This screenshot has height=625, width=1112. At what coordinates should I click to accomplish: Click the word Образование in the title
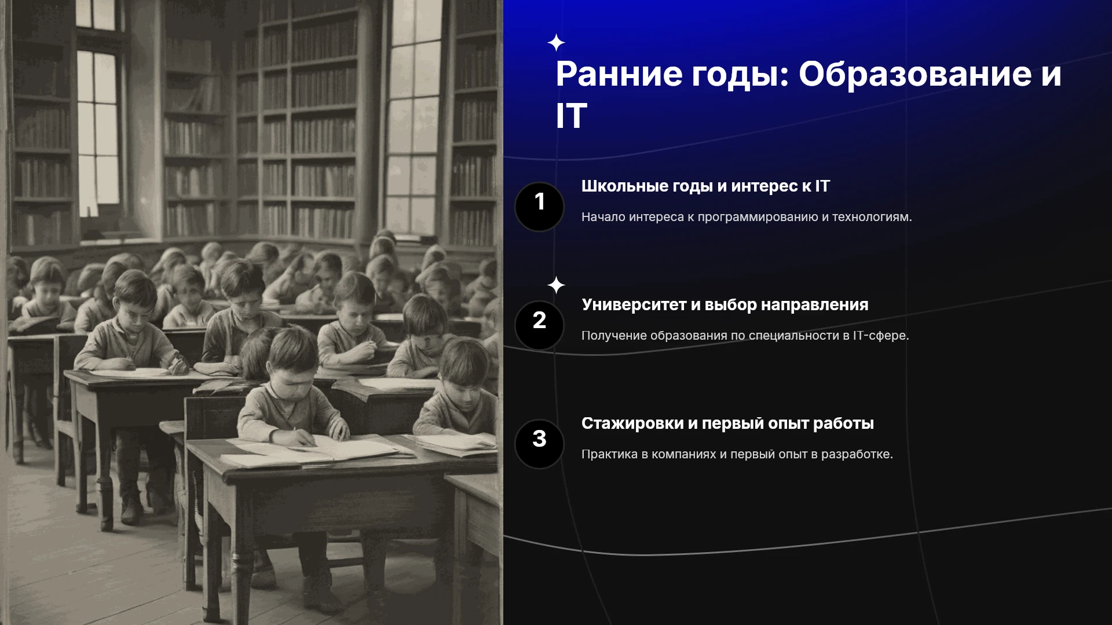point(915,74)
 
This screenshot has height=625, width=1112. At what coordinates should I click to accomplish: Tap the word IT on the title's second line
point(571,116)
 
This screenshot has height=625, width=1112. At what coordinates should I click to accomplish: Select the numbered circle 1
point(539,207)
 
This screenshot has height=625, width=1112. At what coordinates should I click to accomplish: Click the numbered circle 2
point(539,325)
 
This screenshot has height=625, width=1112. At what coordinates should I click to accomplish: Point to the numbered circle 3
point(539,444)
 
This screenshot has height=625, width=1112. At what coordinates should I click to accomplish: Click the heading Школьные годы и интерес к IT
point(705,186)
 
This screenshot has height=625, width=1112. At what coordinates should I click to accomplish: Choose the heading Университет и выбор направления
point(725,305)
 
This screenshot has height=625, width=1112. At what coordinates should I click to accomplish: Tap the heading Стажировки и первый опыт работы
point(727,424)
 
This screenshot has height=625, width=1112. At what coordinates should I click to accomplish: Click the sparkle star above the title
point(556,43)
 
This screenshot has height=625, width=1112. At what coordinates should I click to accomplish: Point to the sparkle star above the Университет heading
point(556,285)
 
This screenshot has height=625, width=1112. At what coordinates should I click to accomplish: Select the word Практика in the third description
point(609,454)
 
